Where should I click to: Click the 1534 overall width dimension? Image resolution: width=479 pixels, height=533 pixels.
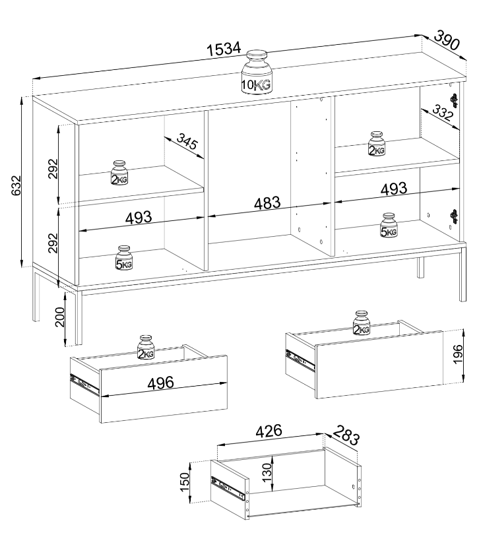pos(224,49)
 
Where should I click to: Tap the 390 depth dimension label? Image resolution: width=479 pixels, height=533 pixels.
pos(447,40)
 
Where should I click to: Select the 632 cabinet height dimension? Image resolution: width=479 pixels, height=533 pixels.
pos(16,185)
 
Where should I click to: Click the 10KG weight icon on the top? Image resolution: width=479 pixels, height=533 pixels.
pos(257,72)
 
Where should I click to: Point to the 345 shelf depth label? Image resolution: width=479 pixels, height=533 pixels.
pos(187,141)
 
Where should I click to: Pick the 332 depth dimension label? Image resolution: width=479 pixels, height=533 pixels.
pos(443,113)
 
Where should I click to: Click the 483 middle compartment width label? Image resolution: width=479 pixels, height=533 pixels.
pos(268,203)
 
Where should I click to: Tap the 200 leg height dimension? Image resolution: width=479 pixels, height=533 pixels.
pos(59,317)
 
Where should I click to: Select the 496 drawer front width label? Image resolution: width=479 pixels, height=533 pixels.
pos(160,383)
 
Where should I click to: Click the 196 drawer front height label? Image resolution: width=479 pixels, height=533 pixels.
pos(459,354)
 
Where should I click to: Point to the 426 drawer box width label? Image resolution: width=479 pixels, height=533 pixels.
pos(269,431)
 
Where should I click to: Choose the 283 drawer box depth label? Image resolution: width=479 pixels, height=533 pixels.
pos(346,435)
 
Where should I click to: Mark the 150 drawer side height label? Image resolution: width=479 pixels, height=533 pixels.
pos(184,482)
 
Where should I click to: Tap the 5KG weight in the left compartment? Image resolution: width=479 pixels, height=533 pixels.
pos(124,258)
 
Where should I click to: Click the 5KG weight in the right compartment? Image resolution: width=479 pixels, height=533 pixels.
pos(389,225)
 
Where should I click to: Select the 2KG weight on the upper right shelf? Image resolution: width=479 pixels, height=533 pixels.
pos(377,144)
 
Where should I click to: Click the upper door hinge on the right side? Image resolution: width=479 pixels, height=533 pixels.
pos(454,100)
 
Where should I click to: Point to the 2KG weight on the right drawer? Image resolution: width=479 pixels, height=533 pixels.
pos(362,323)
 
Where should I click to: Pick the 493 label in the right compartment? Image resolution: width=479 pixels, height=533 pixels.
pos(393,189)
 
